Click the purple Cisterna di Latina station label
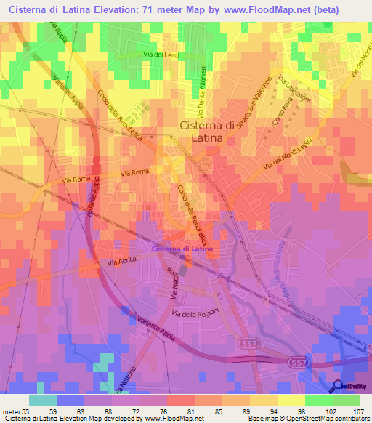click(x=182, y=249)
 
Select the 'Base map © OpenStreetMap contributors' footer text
click(x=308, y=419)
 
